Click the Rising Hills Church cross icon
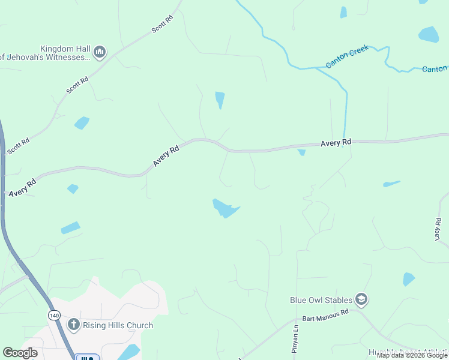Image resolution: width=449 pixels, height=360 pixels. tap(73, 325)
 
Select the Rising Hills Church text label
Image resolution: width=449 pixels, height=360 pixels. tap(118, 325)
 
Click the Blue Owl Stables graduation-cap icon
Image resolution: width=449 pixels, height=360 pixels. tap(361, 299)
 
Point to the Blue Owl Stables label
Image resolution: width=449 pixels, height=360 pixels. tap(321, 299)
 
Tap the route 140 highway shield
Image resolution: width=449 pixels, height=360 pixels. tap(55, 315)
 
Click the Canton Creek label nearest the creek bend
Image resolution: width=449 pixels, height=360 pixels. tap(346, 56)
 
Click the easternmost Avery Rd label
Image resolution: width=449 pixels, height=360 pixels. tap(336, 143)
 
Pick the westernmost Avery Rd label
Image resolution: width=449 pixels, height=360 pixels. tap(22, 185)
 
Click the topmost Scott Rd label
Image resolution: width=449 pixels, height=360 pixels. tap(162, 24)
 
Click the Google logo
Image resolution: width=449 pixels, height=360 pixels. tap(20, 353)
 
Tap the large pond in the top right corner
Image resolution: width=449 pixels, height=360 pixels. tap(429, 34)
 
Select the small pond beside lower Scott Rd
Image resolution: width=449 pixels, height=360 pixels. tap(82, 123)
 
